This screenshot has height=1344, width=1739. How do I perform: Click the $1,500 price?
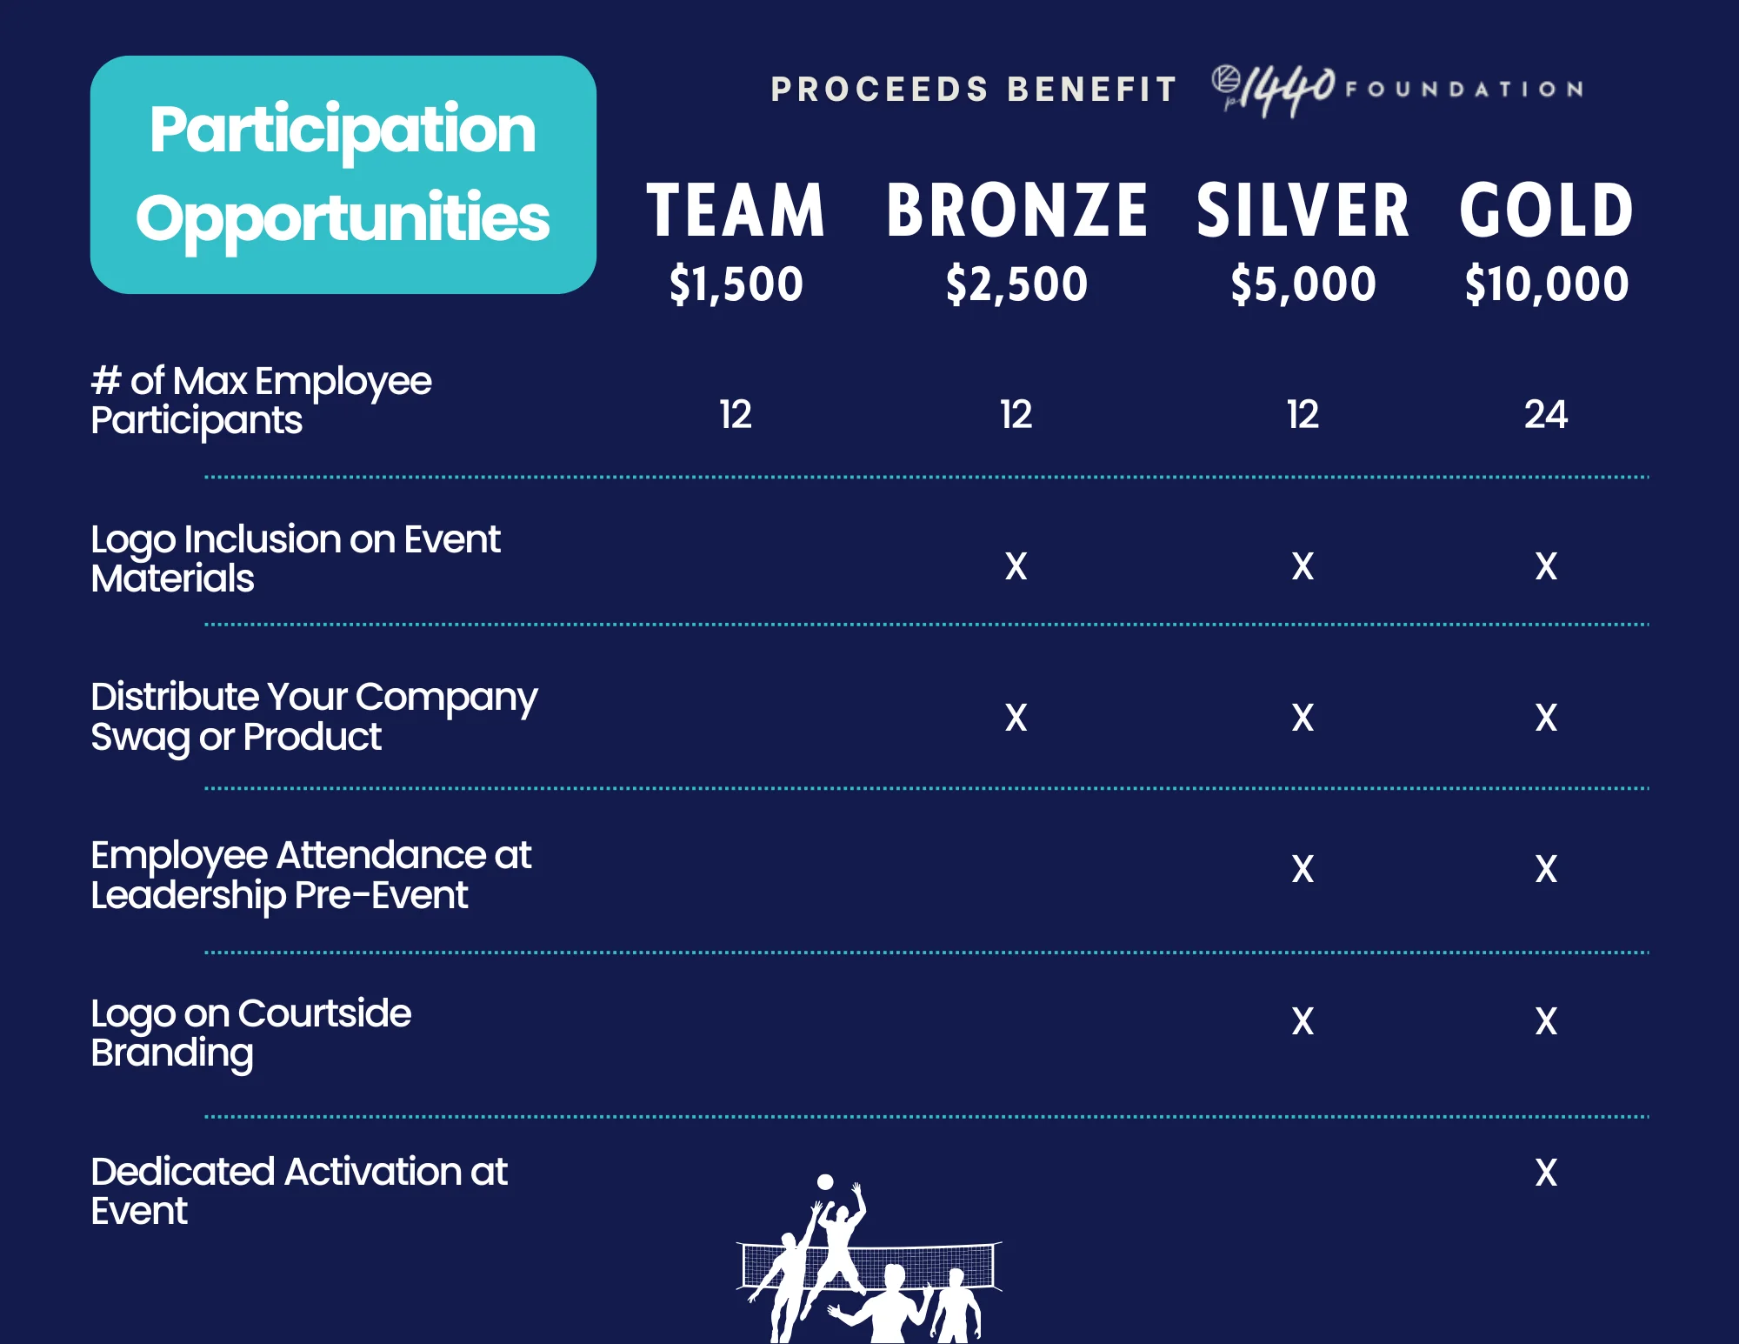click(x=736, y=284)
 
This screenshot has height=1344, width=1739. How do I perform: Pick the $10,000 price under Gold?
click(x=1546, y=284)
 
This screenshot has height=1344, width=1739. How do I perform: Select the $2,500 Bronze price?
click(x=1016, y=284)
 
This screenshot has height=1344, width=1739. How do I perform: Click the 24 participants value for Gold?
click(x=1546, y=414)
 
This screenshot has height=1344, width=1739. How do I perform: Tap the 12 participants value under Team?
click(x=736, y=414)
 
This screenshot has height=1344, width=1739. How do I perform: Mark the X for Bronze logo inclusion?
click(x=1016, y=566)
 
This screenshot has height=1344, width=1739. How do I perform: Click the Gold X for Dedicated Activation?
click(x=1546, y=1173)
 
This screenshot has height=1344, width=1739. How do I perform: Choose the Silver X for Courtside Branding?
click(x=1303, y=1021)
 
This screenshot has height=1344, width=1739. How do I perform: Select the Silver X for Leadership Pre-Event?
click(x=1303, y=869)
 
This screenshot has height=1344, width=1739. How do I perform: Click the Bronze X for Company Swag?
click(x=1016, y=718)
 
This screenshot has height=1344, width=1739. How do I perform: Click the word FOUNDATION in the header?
click(x=1464, y=89)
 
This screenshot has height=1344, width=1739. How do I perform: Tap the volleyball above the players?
click(x=825, y=1181)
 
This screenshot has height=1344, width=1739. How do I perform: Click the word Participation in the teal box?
click(x=343, y=129)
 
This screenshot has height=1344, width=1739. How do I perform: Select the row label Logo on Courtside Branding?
click(x=250, y=1033)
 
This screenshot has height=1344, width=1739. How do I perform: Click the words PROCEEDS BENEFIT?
click(x=974, y=90)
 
